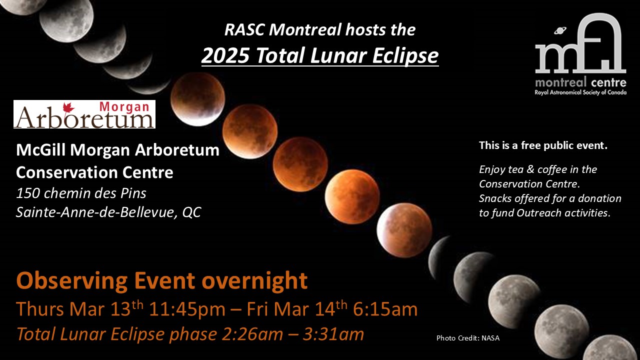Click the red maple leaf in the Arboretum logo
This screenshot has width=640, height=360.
[68, 108]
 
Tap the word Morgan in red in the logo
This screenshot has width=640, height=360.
[124, 106]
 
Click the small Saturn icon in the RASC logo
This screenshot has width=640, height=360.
[560, 30]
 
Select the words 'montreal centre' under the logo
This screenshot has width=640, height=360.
[580, 82]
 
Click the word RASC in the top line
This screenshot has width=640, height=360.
[245, 29]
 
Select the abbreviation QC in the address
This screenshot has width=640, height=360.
[191, 212]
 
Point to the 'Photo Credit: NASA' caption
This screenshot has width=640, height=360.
[467, 338]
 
